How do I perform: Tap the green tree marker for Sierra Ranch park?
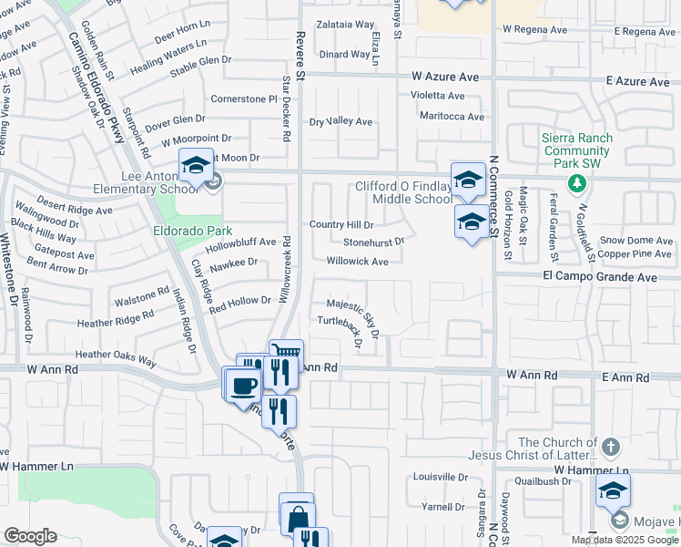575,184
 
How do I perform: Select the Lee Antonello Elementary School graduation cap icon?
196,165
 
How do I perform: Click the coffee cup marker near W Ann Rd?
242,385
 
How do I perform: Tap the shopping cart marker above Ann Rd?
287,352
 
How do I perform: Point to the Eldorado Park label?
192,231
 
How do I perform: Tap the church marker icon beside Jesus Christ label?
611,448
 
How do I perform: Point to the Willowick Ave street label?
358,261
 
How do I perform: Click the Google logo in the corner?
30,536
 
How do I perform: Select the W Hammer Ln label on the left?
36,466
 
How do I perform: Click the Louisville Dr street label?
440,477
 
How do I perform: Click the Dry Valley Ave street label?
341,121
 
